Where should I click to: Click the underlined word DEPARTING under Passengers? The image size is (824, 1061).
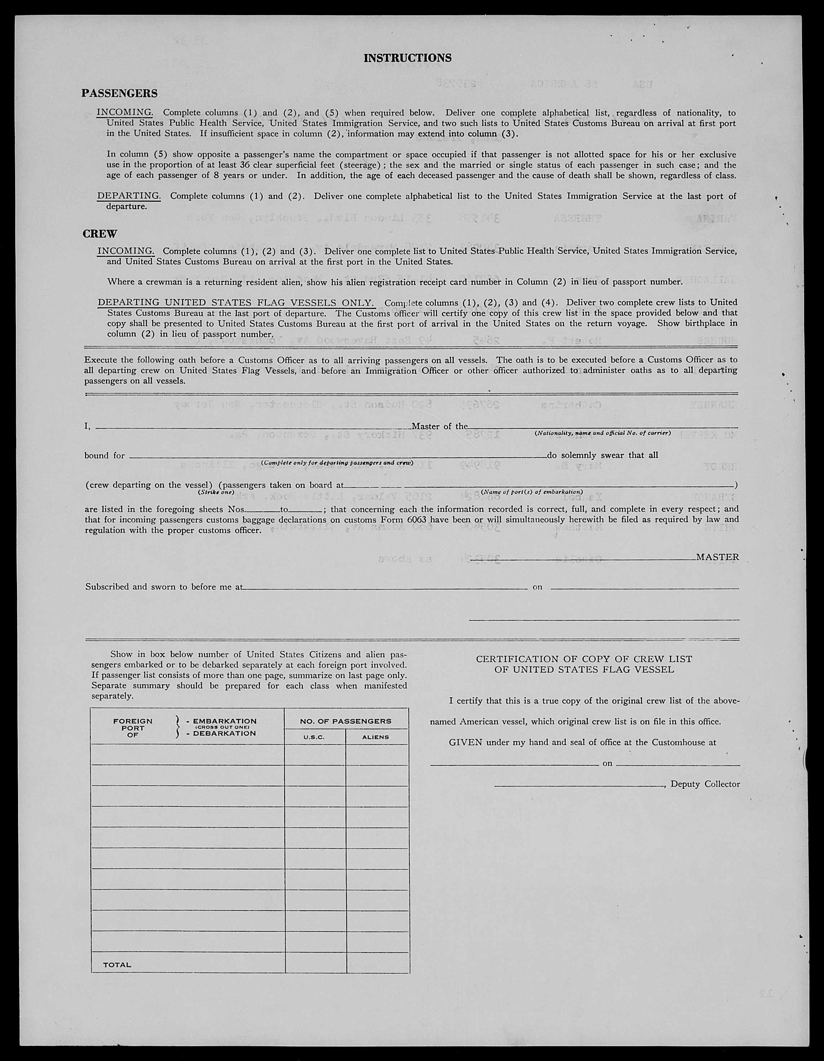[x=129, y=196]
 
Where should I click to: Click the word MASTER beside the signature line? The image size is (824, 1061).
[x=717, y=557]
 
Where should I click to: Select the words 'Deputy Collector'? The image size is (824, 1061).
[x=705, y=784]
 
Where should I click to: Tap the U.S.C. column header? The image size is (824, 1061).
[x=314, y=737]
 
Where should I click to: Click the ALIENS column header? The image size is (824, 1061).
[x=376, y=737]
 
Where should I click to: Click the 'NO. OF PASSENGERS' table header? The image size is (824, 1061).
[x=345, y=722]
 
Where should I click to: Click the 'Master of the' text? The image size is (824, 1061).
[x=439, y=426]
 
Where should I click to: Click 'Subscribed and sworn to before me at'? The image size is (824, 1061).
[x=164, y=586]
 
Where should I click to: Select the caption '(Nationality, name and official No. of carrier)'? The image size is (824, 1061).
[x=602, y=433]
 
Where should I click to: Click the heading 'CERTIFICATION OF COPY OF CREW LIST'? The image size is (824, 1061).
[x=584, y=659]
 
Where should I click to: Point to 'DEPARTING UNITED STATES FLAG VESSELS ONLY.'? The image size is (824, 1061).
[x=236, y=302]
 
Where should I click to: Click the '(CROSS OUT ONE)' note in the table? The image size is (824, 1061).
[x=222, y=727]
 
